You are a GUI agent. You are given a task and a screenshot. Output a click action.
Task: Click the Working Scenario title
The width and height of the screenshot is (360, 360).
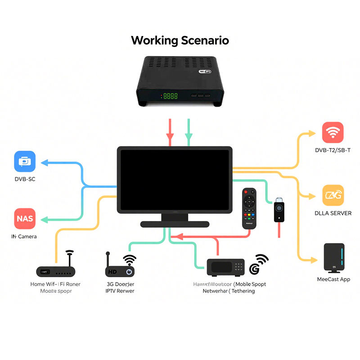pyautogui.click(x=180, y=40)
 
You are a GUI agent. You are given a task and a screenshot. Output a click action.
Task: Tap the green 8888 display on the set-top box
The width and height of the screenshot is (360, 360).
pyautogui.click(x=170, y=96)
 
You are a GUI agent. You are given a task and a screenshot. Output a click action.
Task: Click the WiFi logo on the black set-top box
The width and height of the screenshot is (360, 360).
pyautogui.click(x=205, y=71)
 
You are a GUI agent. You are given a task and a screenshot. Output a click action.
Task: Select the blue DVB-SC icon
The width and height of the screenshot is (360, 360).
pyautogui.click(x=25, y=162)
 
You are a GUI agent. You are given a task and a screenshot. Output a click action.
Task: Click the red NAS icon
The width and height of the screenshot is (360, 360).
pyautogui.click(x=25, y=219)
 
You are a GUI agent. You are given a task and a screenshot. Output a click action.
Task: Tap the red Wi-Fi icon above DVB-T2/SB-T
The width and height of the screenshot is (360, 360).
pyautogui.click(x=333, y=132)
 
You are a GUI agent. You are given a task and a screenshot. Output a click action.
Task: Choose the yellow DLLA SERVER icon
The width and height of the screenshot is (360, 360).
pyautogui.click(x=333, y=195)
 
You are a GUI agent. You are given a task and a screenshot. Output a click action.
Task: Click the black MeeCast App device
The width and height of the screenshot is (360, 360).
pyautogui.click(x=333, y=258)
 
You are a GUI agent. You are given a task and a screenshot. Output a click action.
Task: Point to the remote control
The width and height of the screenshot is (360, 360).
pyautogui.click(x=248, y=208)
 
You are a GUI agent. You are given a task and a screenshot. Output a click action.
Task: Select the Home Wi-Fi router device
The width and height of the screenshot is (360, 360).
pyautogui.click(x=56, y=271)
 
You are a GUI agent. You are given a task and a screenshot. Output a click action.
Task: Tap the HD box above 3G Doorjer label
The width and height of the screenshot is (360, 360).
pyautogui.click(x=120, y=271)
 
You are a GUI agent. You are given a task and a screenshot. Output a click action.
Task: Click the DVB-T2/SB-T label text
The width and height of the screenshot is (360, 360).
pyautogui.click(x=333, y=150)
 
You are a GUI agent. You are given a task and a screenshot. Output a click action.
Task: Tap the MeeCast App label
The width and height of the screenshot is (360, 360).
pyautogui.click(x=333, y=279)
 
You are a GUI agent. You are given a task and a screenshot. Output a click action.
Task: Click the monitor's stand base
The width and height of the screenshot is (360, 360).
pyautogui.click(x=175, y=224)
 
